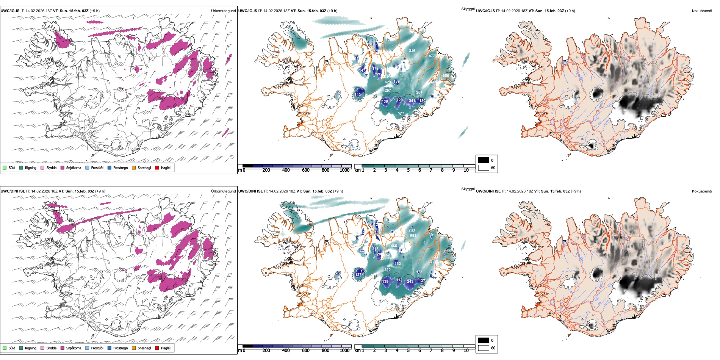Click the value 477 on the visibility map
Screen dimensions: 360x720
432,56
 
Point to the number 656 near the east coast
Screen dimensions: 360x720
446,76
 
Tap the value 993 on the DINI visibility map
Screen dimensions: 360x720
413,236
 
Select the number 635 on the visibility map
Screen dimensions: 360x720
447,251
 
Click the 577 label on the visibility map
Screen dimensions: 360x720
401,113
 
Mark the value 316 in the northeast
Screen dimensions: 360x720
412,51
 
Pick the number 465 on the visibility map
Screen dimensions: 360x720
394,246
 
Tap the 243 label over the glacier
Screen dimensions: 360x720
410,281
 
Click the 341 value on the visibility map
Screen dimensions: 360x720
412,101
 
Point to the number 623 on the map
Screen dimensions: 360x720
388,82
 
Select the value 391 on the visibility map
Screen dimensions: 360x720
432,235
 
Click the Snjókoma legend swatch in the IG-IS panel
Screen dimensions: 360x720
63,167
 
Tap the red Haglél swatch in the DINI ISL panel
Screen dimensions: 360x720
157,348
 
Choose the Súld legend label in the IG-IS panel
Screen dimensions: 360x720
12,167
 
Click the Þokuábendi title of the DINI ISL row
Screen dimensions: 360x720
702,191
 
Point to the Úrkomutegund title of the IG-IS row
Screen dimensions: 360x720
223,11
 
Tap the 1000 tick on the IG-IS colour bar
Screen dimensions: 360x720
344,170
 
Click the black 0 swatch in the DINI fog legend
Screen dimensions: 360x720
484,340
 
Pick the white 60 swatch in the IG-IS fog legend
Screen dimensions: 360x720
484,167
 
